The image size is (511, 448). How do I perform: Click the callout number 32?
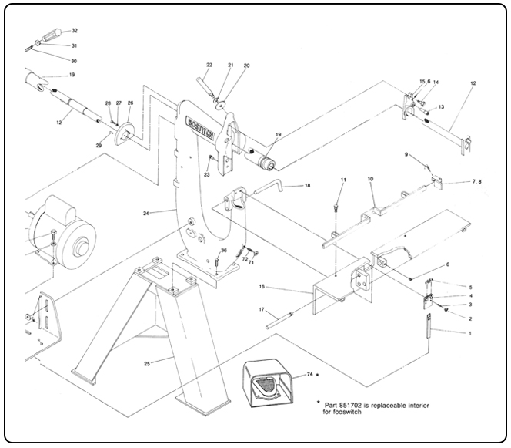(75, 31)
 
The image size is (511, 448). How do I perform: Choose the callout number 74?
(311, 373)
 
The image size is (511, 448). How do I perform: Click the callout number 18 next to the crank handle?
(307, 186)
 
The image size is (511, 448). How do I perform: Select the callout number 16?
(262, 286)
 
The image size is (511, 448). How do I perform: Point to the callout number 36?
(224, 250)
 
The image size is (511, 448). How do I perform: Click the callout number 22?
(209, 65)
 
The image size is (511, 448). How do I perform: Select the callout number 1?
(470, 332)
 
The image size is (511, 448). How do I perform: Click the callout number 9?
(406, 154)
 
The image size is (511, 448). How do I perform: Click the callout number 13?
(442, 107)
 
